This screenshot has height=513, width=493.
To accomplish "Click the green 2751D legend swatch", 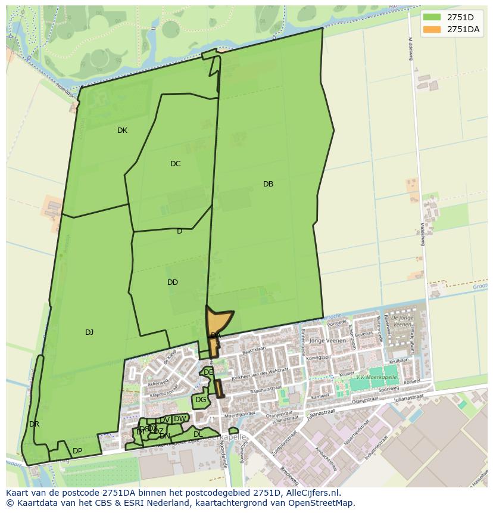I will pyautogui.click(x=432, y=17).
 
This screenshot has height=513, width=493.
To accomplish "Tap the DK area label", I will pyautogui.click(x=122, y=130).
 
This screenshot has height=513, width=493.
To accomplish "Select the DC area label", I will pyautogui.click(x=175, y=164).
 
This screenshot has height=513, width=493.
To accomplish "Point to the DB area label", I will pyautogui.click(x=268, y=184).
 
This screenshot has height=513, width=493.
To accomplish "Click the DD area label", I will pyautogui.click(x=173, y=282).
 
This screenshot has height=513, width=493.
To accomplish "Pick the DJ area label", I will pyautogui.click(x=89, y=332).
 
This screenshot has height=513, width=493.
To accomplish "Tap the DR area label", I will pyautogui.click(x=34, y=424).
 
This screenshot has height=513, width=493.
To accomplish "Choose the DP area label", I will pyautogui.click(x=77, y=451).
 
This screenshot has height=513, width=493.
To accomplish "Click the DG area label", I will pyautogui.click(x=201, y=400).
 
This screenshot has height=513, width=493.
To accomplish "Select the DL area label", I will pyautogui.click(x=198, y=434).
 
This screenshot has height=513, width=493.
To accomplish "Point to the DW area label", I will pyautogui.click(x=179, y=419).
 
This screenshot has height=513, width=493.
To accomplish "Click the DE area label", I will pyautogui.click(x=208, y=372).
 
